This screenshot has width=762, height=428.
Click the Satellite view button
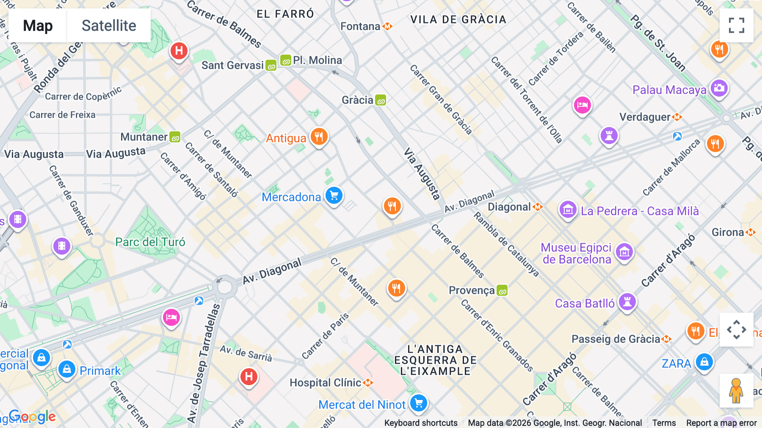tap(109, 25)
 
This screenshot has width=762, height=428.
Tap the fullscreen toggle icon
tap(736, 25)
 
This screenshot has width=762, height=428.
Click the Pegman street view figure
tap(736, 390)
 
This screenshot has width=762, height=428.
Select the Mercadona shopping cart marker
tap(334, 196)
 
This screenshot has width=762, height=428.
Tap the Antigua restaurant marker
tap(319, 137)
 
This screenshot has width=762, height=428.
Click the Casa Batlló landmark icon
tap(627, 302)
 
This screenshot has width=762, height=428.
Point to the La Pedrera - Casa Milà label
tap(639, 211)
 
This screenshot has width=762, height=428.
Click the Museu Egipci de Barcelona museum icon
tap(624, 253)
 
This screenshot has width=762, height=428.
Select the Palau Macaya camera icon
tap(719, 89)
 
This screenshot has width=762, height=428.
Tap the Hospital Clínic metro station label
tap(325, 383)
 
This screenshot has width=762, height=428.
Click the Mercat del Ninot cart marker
tap(419, 403)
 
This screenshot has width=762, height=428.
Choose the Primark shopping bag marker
tap(67, 370)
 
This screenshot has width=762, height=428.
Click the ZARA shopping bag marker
tap(704, 362)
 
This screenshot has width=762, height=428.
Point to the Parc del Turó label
tap(150, 242)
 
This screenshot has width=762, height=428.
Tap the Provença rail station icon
tap(502, 291)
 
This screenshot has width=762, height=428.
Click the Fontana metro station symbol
tap(387, 26)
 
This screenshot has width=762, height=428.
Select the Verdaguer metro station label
tap(645, 117)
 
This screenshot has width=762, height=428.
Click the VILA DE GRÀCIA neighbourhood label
tap(458, 19)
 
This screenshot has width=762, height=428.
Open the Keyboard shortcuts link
tap(420, 423)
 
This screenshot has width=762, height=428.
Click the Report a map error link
tap(721, 423)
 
